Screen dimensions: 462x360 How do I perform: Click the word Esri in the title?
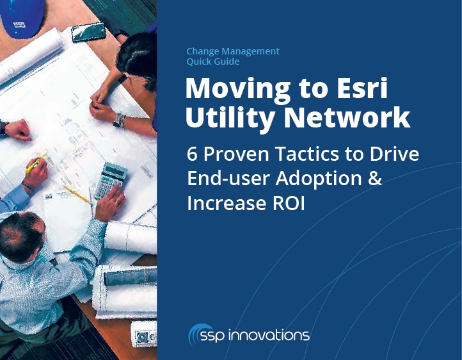tap(362, 88)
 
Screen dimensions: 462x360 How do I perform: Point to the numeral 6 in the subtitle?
tap(192, 154)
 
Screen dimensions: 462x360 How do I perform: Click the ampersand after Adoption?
tap(375, 178)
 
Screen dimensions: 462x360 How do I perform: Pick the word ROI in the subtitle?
tap(289, 203)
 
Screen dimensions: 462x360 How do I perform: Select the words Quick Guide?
tap(212, 61)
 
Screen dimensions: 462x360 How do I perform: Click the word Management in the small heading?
tap(250, 51)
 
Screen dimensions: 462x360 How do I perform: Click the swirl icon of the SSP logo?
tap(196, 334)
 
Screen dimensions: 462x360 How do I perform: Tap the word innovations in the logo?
tap(268, 335)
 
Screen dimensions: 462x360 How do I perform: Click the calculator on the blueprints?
tap(111, 179)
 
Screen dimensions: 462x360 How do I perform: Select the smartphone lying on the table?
tap(88, 32)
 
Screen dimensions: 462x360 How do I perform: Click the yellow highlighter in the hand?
tap(36, 163)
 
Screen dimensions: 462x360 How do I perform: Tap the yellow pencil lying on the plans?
tap(76, 194)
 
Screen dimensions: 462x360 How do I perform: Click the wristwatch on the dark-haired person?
tap(119, 120)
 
